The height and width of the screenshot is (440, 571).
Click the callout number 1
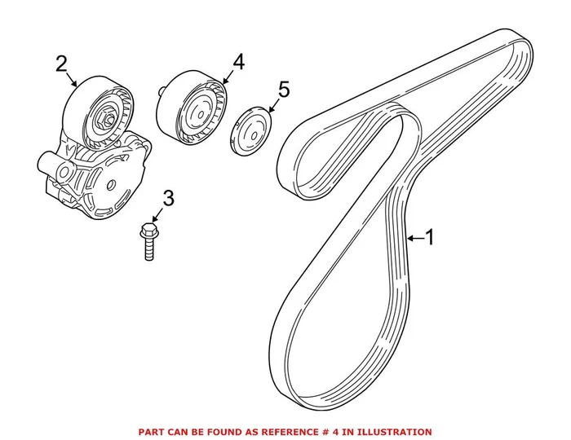pos(431,237)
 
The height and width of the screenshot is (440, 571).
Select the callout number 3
pos(168,197)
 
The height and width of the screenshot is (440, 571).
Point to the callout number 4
pos(237,61)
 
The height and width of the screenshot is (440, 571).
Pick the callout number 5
pos(282,90)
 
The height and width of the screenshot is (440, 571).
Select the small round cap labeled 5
pos(250,130)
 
